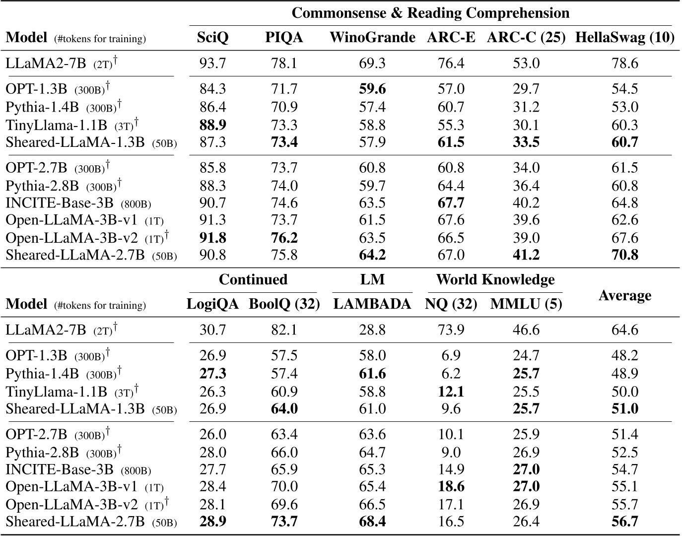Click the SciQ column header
click(212, 38)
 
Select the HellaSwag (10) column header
click(624, 38)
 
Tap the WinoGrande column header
click(372, 38)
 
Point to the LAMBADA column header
click(372, 304)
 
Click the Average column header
click(624, 295)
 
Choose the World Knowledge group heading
click(495, 279)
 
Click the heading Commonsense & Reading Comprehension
click(430, 13)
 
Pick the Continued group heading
click(253, 279)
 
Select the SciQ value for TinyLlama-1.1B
click(212, 125)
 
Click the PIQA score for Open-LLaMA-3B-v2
click(284, 237)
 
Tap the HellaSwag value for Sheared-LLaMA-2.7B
click(624, 255)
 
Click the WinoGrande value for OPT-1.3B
click(372, 89)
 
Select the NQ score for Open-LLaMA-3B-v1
click(451, 486)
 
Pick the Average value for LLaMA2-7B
click(624, 330)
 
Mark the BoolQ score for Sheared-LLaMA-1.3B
click(284, 409)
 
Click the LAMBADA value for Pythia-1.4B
click(372, 374)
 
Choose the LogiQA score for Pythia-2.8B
click(212, 452)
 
